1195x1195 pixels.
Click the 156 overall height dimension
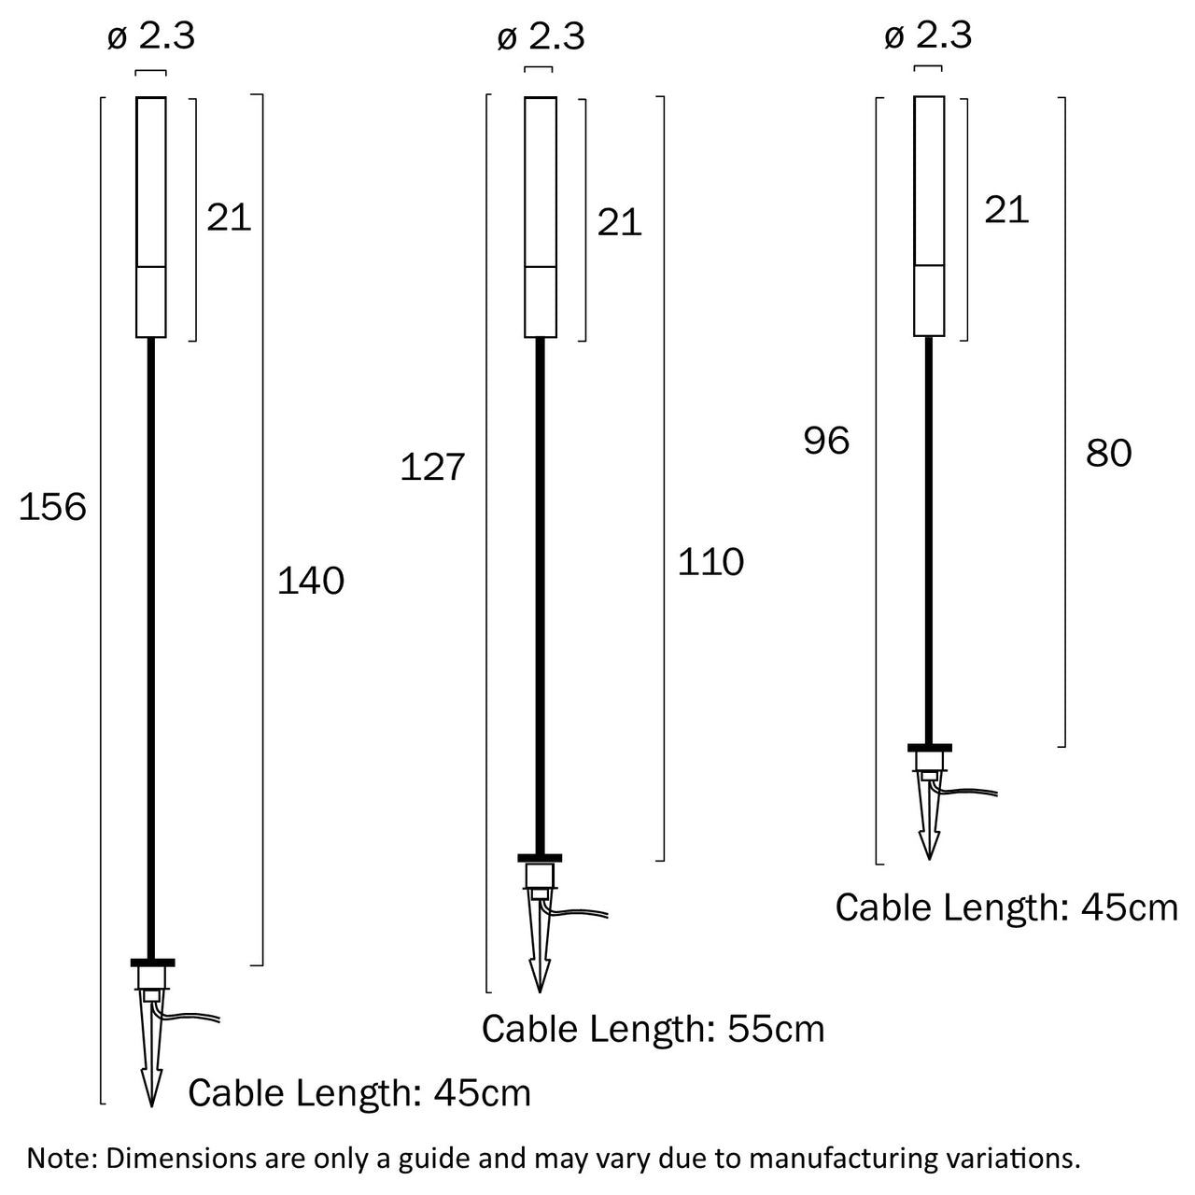[x=52, y=508]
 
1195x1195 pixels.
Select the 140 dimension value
[x=311, y=581]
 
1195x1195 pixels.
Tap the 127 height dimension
[x=432, y=467]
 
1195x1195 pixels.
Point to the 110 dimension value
[x=710, y=562]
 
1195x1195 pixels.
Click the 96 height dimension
[x=826, y=441]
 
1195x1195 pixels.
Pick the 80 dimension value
[x=1108, y=454]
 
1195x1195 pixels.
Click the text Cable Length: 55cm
[x=654, y=1029]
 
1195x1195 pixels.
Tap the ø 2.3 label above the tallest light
[x=151, y=36]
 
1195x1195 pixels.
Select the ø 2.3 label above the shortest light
[x=928, y=36]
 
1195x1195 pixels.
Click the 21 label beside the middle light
[x=620, y=222]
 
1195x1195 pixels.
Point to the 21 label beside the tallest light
[x=230, y=218]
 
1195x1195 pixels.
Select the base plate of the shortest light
[x=929, y=747]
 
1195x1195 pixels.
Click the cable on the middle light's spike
[x=583, y=912]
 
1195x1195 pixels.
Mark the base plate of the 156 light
[x=151, y=962]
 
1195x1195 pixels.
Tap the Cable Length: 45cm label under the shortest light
[x=1006, y=907]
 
